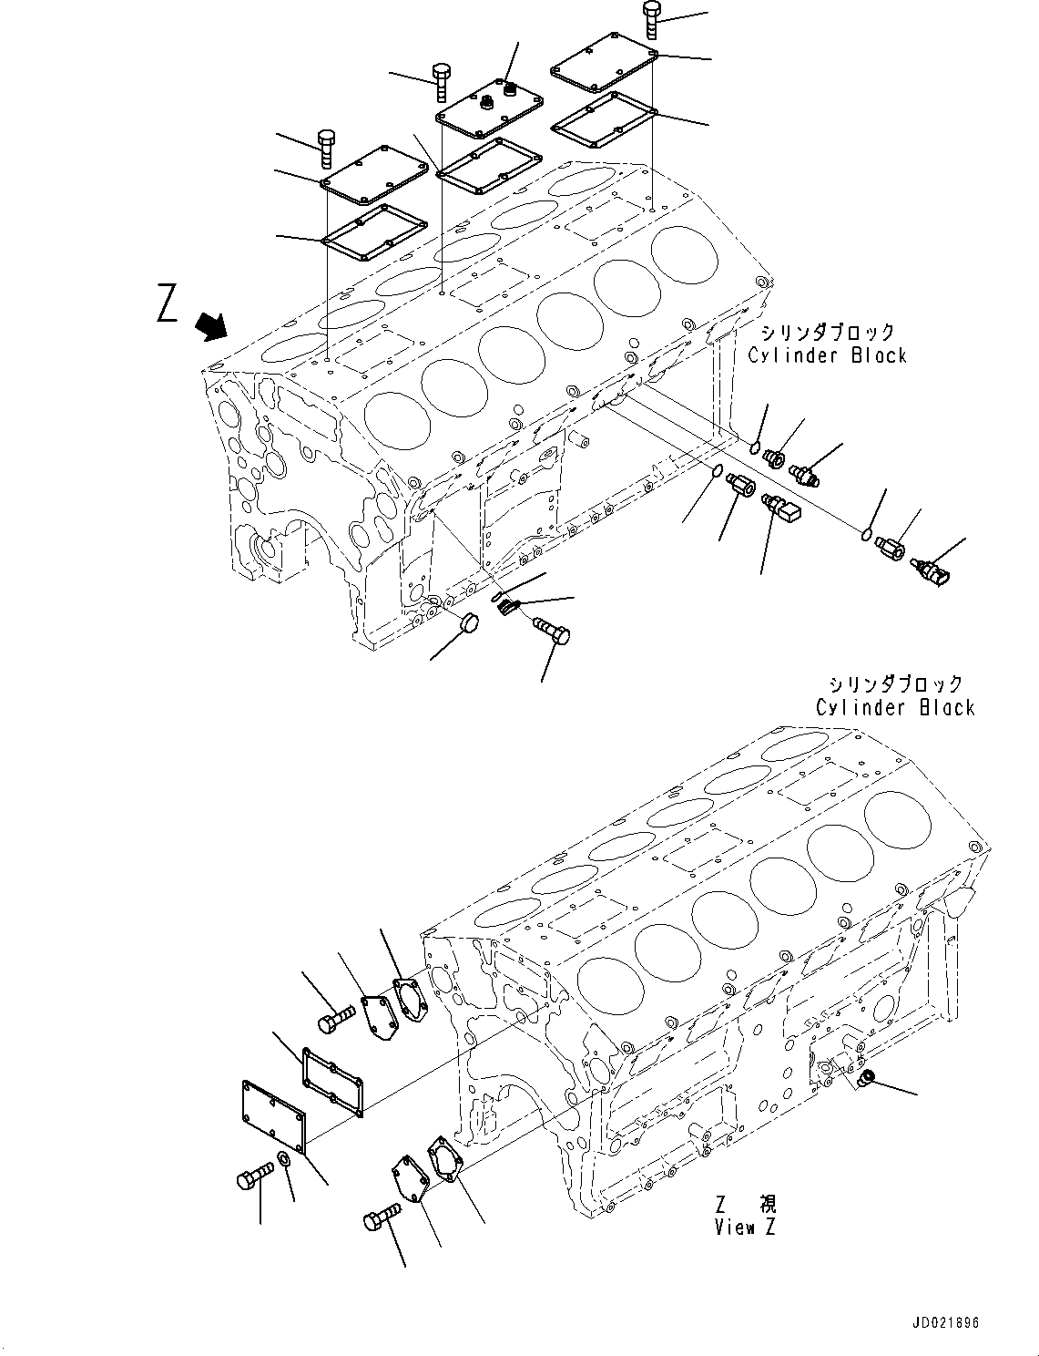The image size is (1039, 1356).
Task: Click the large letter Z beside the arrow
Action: coord(167,303)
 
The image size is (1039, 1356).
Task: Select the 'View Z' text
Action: coord(745,1228)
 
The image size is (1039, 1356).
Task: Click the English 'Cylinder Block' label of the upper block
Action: coord(827,355)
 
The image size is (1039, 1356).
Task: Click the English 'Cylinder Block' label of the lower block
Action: coord(895,707)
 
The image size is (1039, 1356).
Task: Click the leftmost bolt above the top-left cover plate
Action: coord(327,149)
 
